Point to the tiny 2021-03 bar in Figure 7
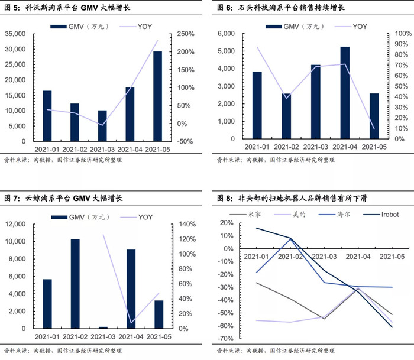point(103,327)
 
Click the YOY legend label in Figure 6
point(360,27)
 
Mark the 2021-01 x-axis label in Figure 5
point(47,150)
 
